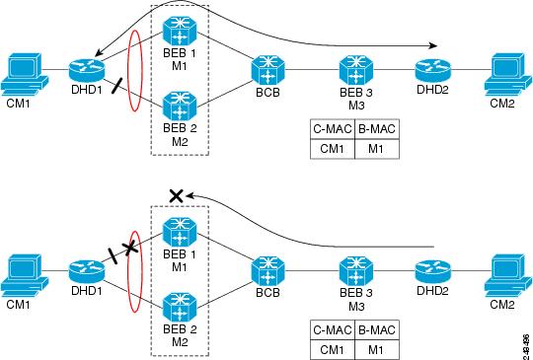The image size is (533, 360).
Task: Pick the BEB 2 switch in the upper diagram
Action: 179,103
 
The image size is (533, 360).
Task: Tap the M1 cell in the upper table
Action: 376,149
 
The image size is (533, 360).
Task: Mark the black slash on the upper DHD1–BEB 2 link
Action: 117,87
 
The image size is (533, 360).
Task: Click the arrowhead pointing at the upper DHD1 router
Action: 100,52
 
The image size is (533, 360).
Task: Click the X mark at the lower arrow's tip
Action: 176,196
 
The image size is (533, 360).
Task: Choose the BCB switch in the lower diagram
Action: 267,267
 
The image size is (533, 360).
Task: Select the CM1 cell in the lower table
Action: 331,349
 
